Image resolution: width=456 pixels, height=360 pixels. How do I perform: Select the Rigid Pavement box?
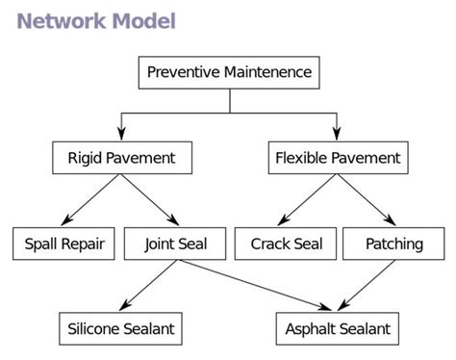pyautogui.click(x=121, y=157)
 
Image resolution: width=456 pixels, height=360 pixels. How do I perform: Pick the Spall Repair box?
pyautogui.click(x=63, y=244)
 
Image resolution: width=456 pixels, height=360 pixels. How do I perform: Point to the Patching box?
pyautogui.click(x=393, y=244)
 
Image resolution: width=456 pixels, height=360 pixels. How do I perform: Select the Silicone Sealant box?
pyautogui.click(x=121, y=328)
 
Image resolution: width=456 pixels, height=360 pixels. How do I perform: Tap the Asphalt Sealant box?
pyautogui.click(x=338, y=328)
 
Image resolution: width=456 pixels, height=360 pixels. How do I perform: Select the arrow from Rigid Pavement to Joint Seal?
pyautogui.click(x=148, y=199)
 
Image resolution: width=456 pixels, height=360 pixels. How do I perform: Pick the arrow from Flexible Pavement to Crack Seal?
pyautogui.click(x=307, y=199)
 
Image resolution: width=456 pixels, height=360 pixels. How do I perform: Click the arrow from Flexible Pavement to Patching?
pyautogui.click(x=367, y=199)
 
